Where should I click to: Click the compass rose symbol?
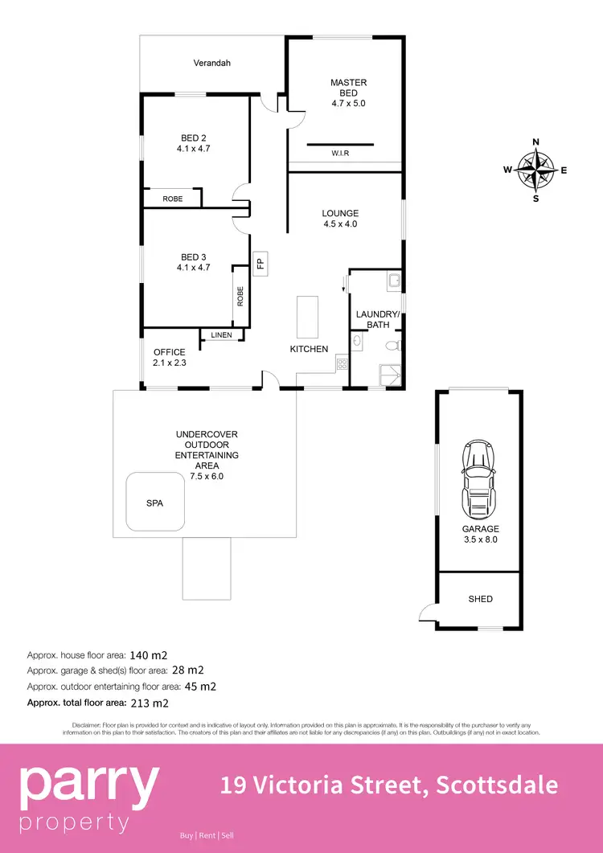[x=536, y=170]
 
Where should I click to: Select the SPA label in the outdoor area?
[x=154, y=503]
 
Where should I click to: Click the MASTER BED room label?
[x=348, y=92]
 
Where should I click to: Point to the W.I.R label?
[x=340, y=153]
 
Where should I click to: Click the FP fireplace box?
[x=260, y=262]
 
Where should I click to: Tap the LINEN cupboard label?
[x=221, y=334]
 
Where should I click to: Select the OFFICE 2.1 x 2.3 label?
[x=169, y=357]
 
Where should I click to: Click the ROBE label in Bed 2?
[x=172, y=199]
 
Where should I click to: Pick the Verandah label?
[x=212, y=62]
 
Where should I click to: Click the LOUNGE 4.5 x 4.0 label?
[x=340, y=219]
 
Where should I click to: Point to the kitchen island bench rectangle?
[x=307, y=317]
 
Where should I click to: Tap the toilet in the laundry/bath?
[x=392, y=347]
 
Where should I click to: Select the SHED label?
[x=480, y=599]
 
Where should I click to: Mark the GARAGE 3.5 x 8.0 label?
[x=480, y=535]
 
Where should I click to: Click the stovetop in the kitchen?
[x=341, y=363]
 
